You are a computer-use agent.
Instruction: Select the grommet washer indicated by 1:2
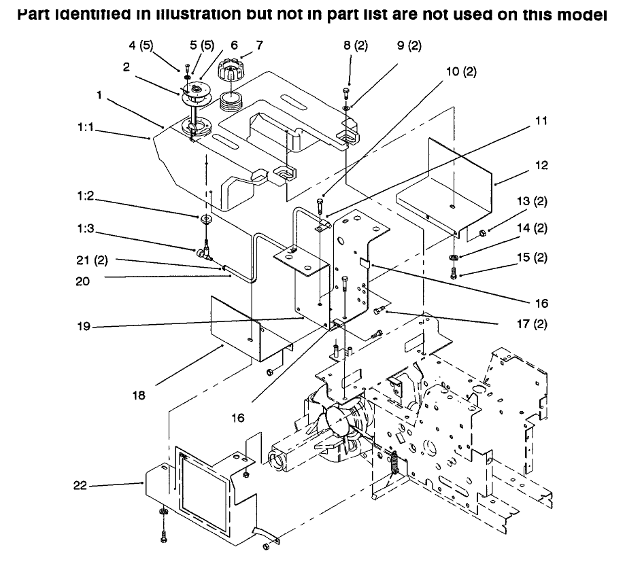205,218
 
